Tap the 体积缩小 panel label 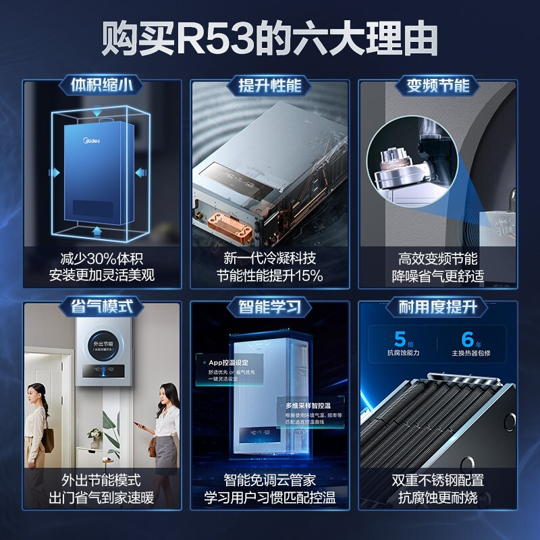point(102,86)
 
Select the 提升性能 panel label point(269,86)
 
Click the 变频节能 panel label point(437,86)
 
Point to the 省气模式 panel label point(102,307)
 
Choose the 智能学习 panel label point(269,307)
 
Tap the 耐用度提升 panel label point(437,307)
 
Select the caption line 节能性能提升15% point(269,275)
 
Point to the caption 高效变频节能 point(437,259)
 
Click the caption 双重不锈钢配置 point(437,481)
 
